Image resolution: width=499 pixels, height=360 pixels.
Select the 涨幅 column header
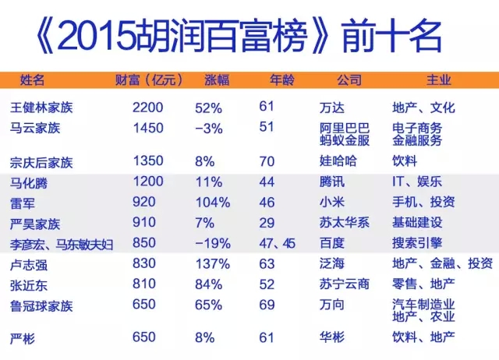217,80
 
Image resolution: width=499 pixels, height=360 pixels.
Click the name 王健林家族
39,108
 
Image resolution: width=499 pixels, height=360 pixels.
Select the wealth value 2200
148,108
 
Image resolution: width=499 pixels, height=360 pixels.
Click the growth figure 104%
212,202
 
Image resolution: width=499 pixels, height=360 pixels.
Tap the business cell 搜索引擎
417,243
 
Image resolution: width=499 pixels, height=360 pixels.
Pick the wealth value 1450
148,127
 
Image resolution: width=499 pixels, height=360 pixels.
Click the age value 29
267,223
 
